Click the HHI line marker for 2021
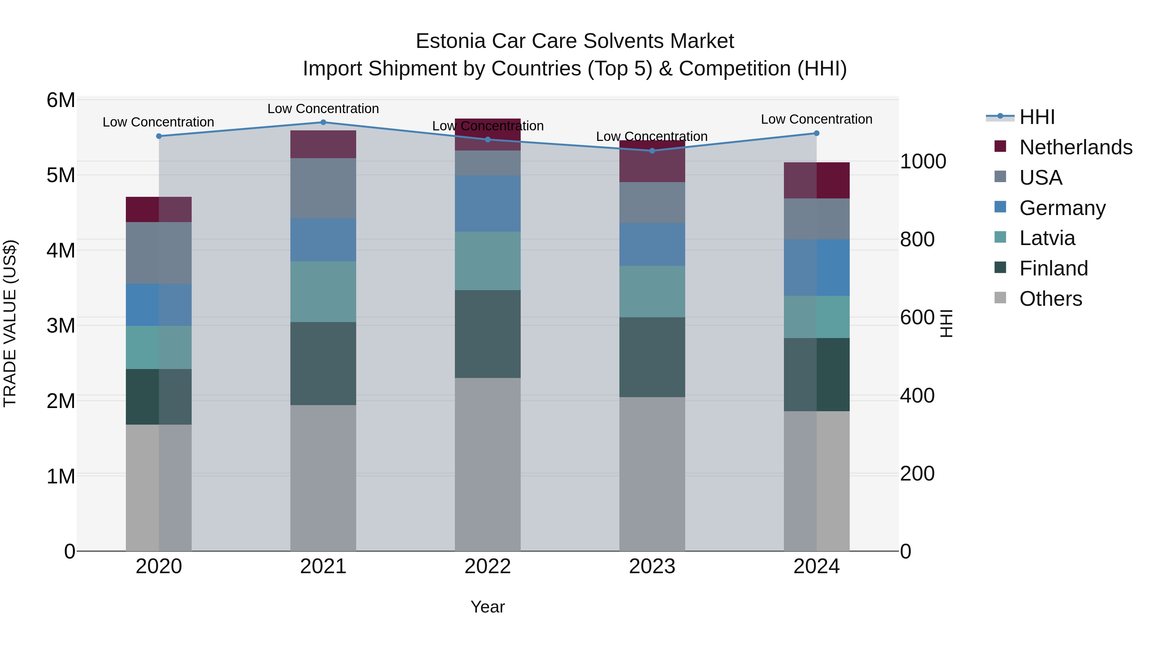click(x=323, y=122)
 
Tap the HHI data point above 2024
click(x=816, y=133)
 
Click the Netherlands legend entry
click(x=1076, y=147)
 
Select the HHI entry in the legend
click(x=1037, y=117)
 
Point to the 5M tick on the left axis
click(x=61, y=175)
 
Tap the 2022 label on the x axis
click(x=487, y=566)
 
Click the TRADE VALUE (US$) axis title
click(x=10, y=323)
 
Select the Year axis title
click(x=487, y=607)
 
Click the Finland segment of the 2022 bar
click(x=487, y=334)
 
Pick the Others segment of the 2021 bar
click(x=323, y=478)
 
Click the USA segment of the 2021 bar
click(x=323, y=188)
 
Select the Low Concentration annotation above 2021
click(x=323, y=109)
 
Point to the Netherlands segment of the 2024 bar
click(x=816, y=181)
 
